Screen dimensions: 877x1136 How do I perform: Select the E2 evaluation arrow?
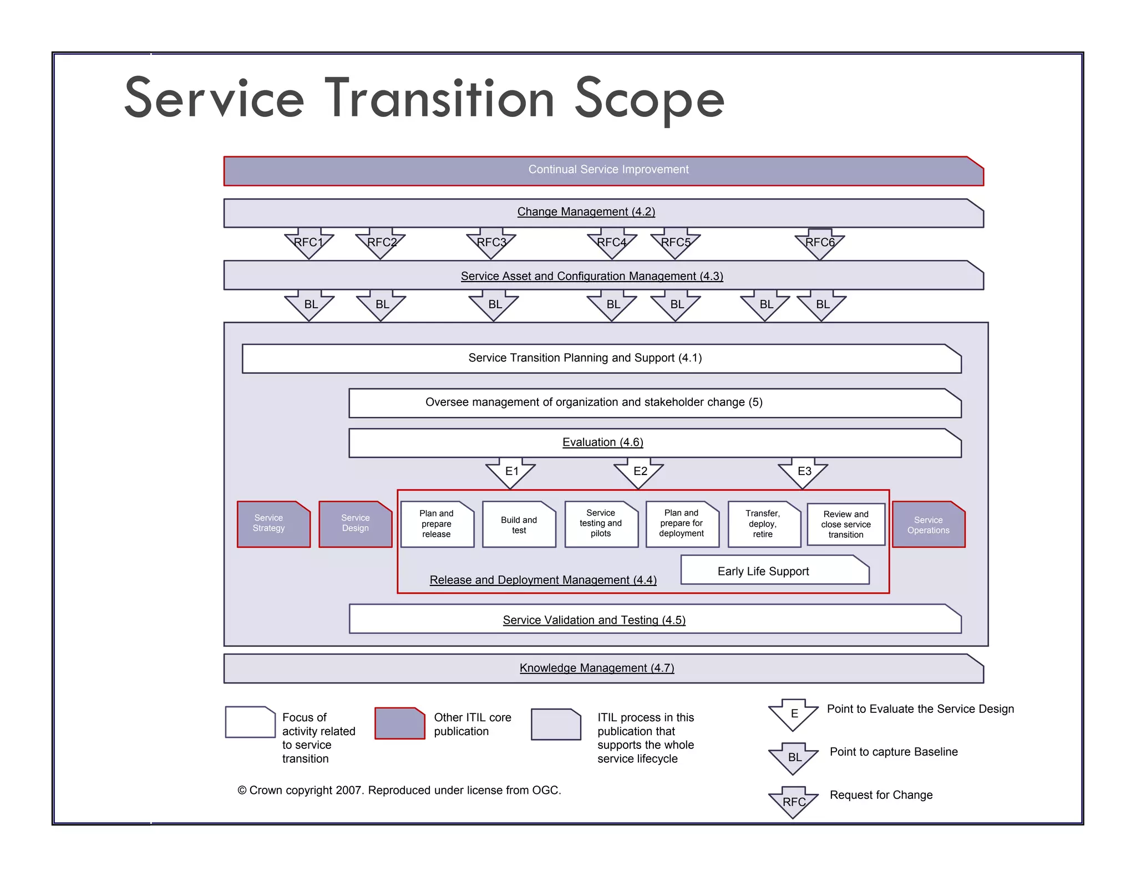639,472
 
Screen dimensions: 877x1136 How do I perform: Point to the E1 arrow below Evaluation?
511,472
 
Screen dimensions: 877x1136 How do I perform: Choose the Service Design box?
355,524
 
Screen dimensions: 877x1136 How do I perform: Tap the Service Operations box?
929,525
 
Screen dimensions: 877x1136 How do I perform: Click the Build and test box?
519,525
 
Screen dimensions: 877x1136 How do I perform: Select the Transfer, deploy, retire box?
764,524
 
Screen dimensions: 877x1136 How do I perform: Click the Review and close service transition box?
846,524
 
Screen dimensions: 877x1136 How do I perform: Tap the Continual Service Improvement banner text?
608,170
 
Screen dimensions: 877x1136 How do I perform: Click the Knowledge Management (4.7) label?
597,668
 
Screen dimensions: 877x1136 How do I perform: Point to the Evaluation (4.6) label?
602,442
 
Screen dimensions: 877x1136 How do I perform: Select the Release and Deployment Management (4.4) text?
543,580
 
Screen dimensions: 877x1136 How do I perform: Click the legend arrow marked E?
794,714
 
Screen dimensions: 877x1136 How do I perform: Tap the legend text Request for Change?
881,795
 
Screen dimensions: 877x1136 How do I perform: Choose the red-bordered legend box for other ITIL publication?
399,723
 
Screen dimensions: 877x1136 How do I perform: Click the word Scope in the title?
649,100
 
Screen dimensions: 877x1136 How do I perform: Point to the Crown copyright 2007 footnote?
399,790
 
